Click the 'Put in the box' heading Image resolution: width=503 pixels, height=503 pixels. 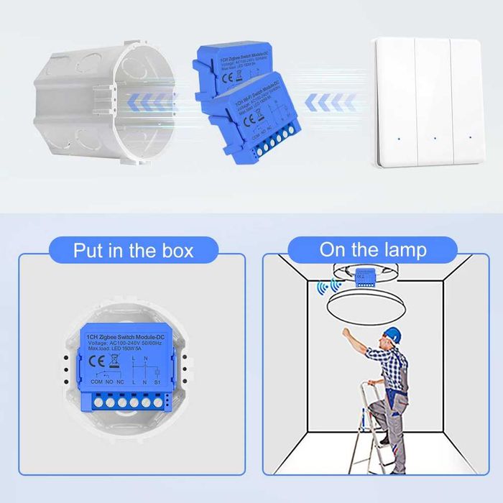pyautogui.click(x=133, y=250)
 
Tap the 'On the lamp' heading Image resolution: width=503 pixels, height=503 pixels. pyautogui.click(x=373, y=250)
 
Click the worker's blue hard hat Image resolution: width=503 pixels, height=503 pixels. pyautogui.click(x=391, y=334)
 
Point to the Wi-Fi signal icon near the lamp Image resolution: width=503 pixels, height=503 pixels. pyautogui.click(x=326, y=288)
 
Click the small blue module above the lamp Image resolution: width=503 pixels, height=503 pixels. pyautogui.click(x=364, y=277)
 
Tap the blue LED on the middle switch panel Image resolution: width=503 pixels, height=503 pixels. pyautogui.click(x=433, y=137)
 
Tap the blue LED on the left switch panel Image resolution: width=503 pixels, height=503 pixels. pyautogui.click(x=396, y=137)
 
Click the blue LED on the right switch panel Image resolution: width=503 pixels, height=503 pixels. pyautogui.click(x=470, y=137)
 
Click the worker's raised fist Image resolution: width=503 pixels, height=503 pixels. pyautogui.click(x=348, y=333)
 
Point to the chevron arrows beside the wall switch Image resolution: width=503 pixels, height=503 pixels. pyautogui.click(x=330, y=103)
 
